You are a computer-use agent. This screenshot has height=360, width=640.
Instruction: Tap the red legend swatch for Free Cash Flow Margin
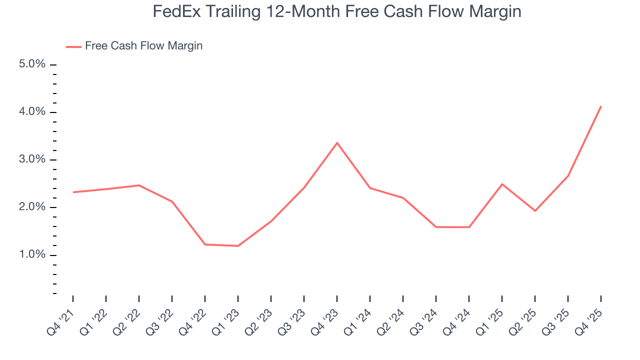pyautogui.click(x=73, y=46)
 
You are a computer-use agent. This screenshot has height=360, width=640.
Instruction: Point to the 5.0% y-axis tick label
pyautogui.click(x=32, y=64)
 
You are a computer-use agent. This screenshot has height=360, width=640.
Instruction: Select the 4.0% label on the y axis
pyautogui.click(x=32, y=112)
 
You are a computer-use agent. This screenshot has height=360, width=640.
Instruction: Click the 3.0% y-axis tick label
pyautogui.click(x=32, y=159)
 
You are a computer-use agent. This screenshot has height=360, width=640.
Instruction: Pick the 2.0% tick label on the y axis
pyautogui.click(x=32, y=207)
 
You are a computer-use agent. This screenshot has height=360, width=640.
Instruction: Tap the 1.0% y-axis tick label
pyautogui.click(x=32, y=255)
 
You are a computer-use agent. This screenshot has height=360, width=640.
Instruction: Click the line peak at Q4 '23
pyautogui.click(x=337, y=143)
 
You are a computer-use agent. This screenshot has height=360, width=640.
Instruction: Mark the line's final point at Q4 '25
pyautogui.click(x=600, y=106)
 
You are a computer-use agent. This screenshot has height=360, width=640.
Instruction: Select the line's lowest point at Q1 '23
pyautogui.click(x=238, y=246)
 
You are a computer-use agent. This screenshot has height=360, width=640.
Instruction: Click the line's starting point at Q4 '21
pyautogui.click(x=73, y=192)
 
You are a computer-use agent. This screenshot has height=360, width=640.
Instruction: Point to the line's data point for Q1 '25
pyautogui.click(x=502, y=184)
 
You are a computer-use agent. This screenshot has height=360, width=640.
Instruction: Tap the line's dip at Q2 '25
pyautogui.click(x=535, y=211)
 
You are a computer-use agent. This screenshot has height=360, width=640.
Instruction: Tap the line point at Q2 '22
pyautogui.click(x=139, y=185)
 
